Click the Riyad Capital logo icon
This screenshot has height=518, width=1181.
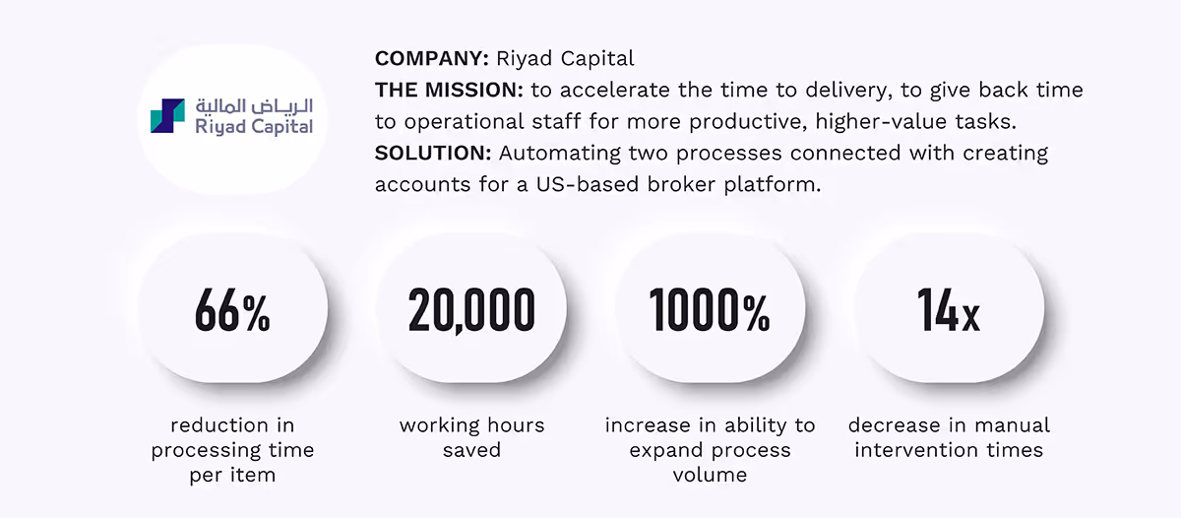click(166, 115)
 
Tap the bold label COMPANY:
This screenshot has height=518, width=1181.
click(431, 58)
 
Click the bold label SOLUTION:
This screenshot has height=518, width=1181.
click(433, 154)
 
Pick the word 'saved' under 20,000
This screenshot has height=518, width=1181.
click(471, 450)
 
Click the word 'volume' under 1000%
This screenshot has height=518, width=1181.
click(710, 475)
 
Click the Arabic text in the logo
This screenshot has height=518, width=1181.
click(254, 104)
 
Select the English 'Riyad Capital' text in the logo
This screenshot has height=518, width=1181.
click(254, 126)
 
